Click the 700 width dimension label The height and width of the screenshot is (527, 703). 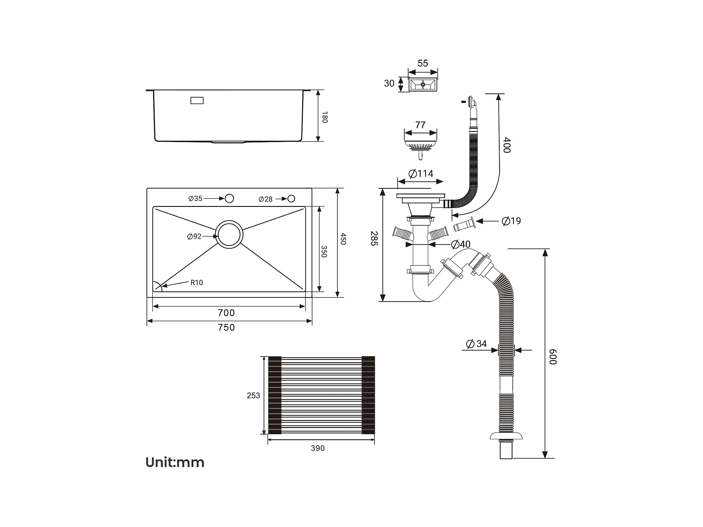226,313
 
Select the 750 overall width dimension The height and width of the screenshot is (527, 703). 226,327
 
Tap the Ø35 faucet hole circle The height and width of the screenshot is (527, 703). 229,199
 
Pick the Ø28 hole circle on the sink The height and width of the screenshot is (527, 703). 291,199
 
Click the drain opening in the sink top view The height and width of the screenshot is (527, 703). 229,235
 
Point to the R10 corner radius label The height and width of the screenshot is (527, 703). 196,283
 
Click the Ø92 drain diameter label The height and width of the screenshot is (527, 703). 194,237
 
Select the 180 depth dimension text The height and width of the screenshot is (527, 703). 325,117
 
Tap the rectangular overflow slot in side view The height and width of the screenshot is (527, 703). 197,100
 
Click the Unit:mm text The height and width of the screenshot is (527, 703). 175,462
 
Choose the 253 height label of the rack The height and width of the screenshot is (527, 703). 253,395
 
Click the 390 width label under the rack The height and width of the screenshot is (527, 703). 318,448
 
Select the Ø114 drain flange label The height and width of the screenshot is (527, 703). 421,174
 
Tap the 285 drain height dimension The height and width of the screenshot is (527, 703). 374,238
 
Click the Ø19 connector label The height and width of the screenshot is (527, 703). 511,221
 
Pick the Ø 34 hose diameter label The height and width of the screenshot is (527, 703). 476,344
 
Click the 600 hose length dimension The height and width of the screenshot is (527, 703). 553,357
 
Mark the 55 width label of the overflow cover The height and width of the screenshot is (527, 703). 423,63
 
